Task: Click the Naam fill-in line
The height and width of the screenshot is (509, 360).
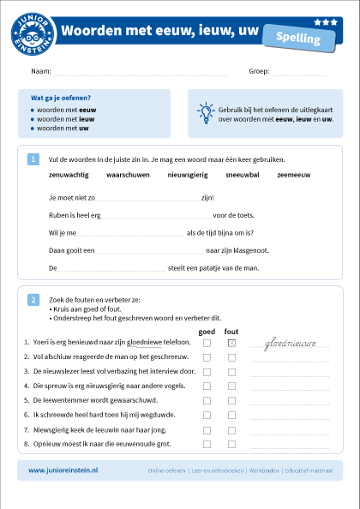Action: point(141,73)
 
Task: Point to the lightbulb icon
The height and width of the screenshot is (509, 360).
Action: point(205,111)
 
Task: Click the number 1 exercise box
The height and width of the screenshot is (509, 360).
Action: point(33,159)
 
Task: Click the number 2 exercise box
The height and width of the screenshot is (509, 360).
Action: point(33,300)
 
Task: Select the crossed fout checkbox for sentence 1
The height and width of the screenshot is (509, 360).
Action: point(231,343)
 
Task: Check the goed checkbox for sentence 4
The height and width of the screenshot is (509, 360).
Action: point(207,386)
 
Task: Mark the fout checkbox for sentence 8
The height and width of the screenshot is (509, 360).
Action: point(231,445)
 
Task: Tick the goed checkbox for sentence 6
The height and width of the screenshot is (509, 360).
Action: point(207,416)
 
